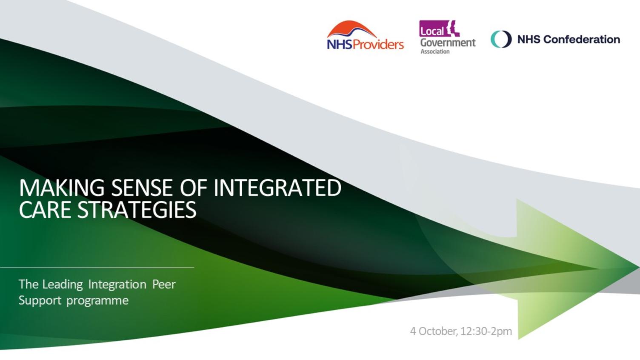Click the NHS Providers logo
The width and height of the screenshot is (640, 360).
[365, 37]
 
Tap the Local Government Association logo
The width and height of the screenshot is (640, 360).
[447, 37]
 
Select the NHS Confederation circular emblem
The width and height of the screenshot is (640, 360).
[501, 39]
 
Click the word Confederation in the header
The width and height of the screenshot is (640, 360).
[581, 40]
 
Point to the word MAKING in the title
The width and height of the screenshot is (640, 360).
[62, 188]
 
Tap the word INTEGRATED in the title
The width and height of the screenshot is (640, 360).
[277, 188]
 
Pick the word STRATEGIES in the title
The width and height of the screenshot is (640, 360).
[137, 209]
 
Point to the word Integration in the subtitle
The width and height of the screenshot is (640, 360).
[117, 284]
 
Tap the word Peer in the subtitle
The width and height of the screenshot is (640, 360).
[164, 284]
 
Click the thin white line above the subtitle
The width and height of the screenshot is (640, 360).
[97, 268]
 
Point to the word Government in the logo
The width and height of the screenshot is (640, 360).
[448, 43]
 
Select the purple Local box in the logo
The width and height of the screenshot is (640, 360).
[432, 29]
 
